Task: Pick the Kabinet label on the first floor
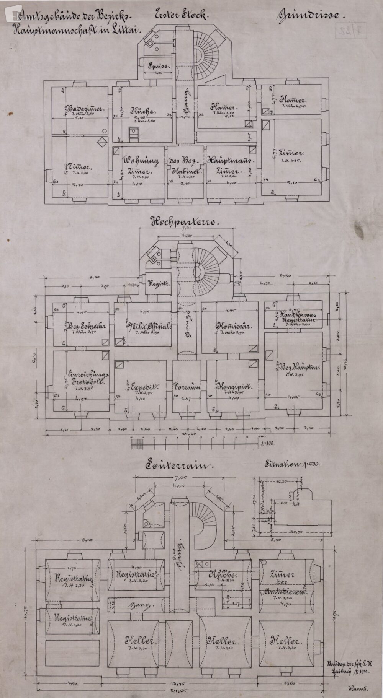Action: coord(186,172)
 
